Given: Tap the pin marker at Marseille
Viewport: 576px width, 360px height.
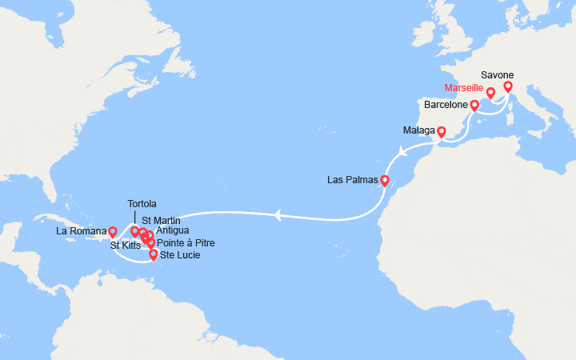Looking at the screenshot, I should (490, 94).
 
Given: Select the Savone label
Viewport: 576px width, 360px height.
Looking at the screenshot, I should (498, 75).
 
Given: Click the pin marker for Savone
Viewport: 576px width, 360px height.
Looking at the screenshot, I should (507, 87).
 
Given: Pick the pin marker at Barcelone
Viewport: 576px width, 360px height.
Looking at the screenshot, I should (474, 106).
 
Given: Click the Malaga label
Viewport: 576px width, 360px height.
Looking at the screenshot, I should (419, 130).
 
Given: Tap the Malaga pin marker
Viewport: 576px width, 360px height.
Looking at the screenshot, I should (441, 130).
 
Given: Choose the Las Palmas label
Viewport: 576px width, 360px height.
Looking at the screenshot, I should (352, 179).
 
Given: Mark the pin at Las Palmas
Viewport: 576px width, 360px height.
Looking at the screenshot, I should (384, 181).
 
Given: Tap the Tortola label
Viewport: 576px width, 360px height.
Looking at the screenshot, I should (142, 204).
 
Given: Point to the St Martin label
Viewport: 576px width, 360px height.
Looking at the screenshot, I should (161, 220).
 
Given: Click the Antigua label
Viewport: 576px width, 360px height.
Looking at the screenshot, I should (174, 231).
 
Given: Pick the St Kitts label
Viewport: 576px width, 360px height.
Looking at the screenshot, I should (126, 246).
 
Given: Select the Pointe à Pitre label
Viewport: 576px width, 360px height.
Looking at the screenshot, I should (186, 242).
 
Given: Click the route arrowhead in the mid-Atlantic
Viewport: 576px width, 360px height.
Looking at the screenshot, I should (277, 214).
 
